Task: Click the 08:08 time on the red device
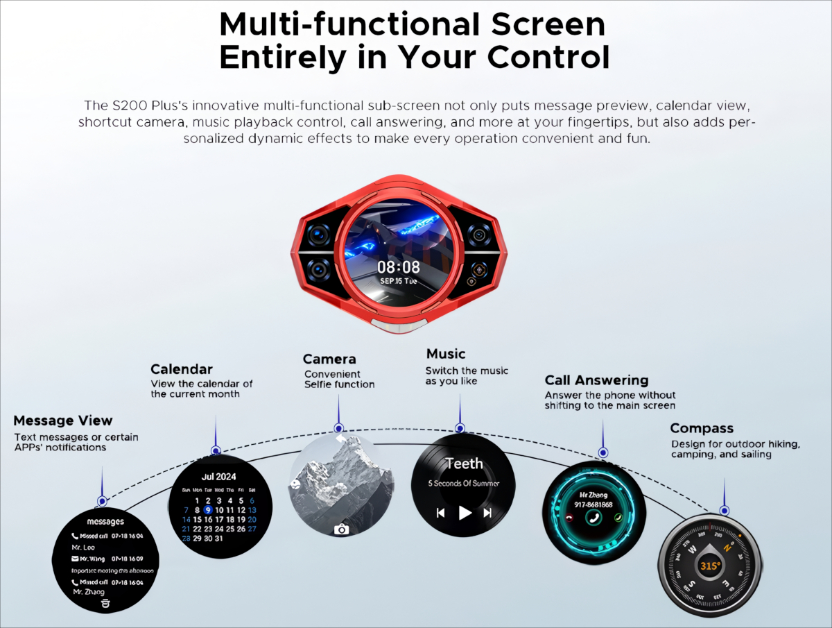tap(399, 267)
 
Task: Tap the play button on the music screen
tap(465, 513)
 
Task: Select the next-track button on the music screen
tap(487, 513)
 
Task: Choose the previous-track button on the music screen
tap(440, 513)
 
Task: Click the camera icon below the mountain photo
tap(341, 529)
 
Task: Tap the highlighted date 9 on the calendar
tap(207, 509)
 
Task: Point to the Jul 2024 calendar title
tap(218, 477)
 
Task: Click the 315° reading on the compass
tap(710, 566)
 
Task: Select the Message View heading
tap(62, 421)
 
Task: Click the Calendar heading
tap(182, 369)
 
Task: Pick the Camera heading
tap(329, 359)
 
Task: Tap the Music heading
tap(446, 354)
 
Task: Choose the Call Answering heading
tap(596, 380)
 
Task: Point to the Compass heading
tap(702, 428)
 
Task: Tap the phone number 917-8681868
tap(593, 505)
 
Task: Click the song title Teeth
tap(464, 464)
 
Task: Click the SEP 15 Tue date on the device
tap(399, 282)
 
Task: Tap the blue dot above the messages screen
tap(102, 501)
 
